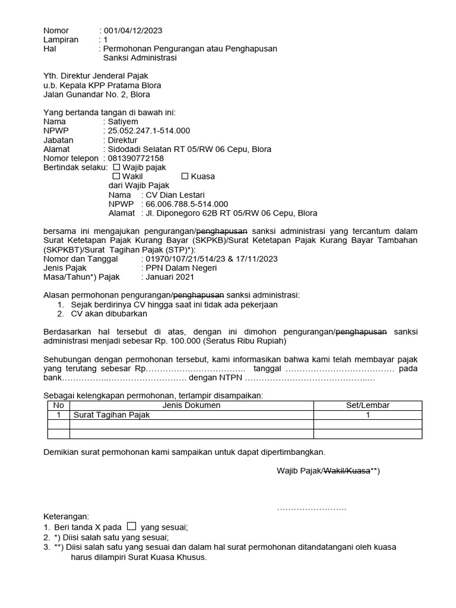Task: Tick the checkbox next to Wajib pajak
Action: pyautogui.click(x=116, y=167)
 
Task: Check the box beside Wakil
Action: pyautogui.click(x=116, y=176)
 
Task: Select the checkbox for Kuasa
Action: pyautogui.click(x=185, y=176)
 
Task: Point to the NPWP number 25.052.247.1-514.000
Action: pyautogui.click(x=148, y=131)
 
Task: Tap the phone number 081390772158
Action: pyautogui.click(x=135, y=159)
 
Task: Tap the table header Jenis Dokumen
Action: pyautogui.click(x=191, y=406)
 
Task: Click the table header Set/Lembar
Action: pyautogui.click(x=368, y=406)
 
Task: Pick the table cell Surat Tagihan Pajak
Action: pyautogui.click(x=112, y=415)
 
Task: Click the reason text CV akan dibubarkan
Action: pyautogui.click(x=104, y=313)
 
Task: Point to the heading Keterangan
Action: pyautogui.click(x=66, y=517)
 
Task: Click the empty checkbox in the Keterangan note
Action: pyautogui.click(x=132, y=525)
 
